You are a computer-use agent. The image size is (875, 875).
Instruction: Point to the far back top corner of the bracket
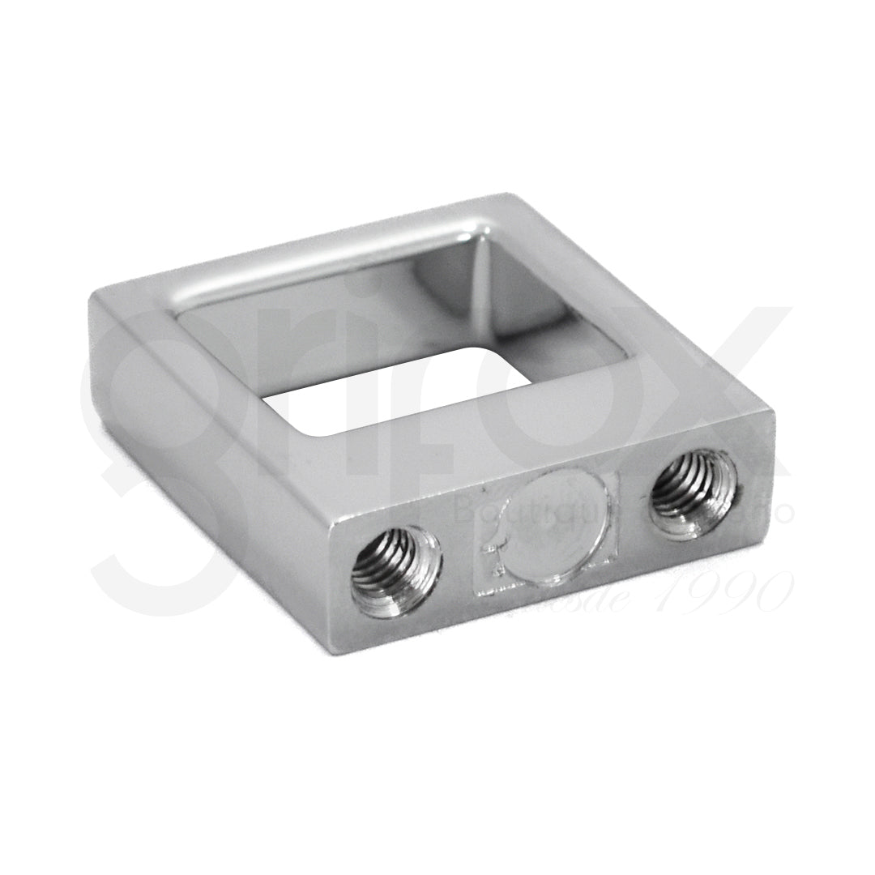click(507, 196)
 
